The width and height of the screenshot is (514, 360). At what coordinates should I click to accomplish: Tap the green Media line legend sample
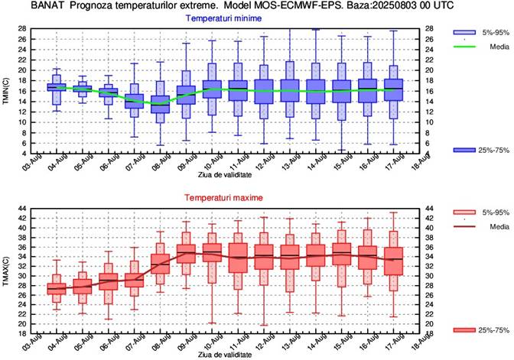(x=467, y=45)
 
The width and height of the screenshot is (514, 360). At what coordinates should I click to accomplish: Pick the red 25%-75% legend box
(x=467, y=329)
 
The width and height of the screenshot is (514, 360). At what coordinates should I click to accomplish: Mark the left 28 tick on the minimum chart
(x=23, y=29)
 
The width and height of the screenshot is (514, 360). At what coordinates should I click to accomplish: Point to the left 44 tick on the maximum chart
(x=23, y=208)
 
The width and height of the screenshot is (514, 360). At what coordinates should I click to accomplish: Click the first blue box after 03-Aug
(x=57, y=87)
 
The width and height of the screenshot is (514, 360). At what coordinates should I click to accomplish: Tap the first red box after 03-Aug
(x=57, y=289)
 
